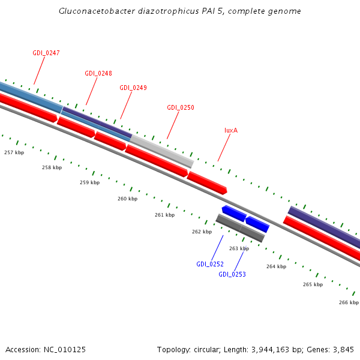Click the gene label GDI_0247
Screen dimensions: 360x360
click(46, 53)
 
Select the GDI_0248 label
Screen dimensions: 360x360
click(98, 73)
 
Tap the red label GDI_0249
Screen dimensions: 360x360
click(133, 88)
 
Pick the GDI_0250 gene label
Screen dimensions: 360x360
click(180, 107)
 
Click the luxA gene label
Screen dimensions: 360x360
click(231, 130)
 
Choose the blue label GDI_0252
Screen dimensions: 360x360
click(209, 264)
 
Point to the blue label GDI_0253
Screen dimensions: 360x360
click(232, 274)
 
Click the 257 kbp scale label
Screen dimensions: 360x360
click(14, 152)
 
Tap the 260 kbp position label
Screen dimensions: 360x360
click(127, 199)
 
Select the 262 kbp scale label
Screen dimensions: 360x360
click(202, 232)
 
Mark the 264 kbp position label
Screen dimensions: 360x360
click(276, 266)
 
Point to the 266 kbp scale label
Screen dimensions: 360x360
click(349, 302)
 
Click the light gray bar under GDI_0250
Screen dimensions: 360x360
click(162, 151)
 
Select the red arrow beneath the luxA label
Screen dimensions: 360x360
click(207, 182)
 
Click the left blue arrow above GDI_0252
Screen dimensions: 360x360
click(234, 213)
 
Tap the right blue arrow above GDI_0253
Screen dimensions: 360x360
click(257, 224)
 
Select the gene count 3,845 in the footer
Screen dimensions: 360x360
click(343, 349)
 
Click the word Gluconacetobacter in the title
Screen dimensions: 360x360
click(95, 11)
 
